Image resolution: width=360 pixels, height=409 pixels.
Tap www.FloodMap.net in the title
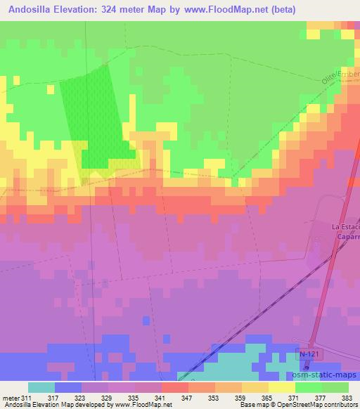tap(221, 10)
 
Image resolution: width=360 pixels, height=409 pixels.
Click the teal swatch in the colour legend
tap(41, 387)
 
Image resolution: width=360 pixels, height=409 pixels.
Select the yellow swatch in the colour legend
tap(282, 387)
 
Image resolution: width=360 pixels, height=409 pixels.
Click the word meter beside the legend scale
tap(10, 397)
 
